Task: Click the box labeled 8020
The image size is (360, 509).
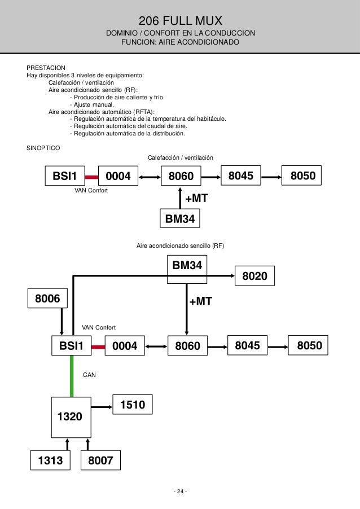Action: [254, 276]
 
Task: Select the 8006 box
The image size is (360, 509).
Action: [48, 298]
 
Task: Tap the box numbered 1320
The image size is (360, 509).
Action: [70, 416]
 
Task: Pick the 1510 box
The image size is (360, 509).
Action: [133, 405]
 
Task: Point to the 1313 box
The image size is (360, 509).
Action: [50, 462]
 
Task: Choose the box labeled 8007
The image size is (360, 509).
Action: [101, 462]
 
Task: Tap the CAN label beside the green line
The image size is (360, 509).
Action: [89, 374]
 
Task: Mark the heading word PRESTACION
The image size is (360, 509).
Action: [46, 67]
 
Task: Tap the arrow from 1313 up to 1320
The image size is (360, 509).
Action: [67, 444]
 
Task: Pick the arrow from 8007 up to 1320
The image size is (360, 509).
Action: [87, 444]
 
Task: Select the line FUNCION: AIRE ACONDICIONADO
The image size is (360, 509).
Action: [180, 43]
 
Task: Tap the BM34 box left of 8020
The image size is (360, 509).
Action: [187, 265]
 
